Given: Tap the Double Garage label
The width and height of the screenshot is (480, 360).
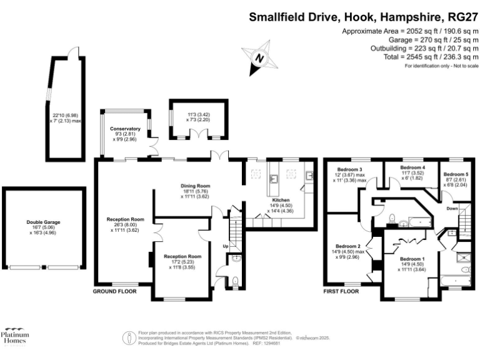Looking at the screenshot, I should pyautogui.click(x=43, y=222).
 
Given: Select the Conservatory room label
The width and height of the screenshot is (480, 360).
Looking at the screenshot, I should pyautogui.click(x=124, y=129).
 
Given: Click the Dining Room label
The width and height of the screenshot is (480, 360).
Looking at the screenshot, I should pyautogui.click(x=196, y=186).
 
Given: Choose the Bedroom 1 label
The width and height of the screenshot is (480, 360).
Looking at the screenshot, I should pyautogui.click(x=412, y=259).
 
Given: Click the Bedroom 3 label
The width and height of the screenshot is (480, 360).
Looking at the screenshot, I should pyautogui.click(x=351, y=169).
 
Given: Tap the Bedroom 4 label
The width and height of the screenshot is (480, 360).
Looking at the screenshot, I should pyautogui.click(x=412, y=167).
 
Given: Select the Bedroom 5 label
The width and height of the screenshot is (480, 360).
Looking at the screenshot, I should pyautogui.click(x=456, y=174).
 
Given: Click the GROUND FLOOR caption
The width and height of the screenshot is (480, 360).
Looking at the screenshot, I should pyautogui.click(x=114, y=292).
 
